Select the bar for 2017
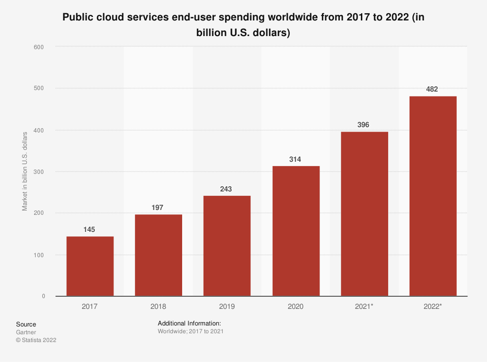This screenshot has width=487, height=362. coord(90,266)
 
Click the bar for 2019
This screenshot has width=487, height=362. coord(227,246)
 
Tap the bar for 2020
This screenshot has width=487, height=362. coord(296,231)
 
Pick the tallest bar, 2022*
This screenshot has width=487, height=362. coord(433,196)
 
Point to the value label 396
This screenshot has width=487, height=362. coord(364,125)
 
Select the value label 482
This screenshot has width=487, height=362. coord(432,89)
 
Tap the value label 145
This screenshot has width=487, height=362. coord(90,229)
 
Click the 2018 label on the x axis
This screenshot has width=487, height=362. coord(158,306)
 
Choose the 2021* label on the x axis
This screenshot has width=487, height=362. coord(364,306)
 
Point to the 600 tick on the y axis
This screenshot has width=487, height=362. coord(39,47)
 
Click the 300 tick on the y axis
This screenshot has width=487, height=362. coord(39,172)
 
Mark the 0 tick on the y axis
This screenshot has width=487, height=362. coord(43,296)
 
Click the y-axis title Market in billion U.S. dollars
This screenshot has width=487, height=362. coord(25,171)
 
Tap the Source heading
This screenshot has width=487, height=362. coord(26,324)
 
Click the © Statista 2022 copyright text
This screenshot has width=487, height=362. coord(36,340)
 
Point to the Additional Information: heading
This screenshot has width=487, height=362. coord(189,323)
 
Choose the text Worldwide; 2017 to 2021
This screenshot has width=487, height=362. coord(190,331)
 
